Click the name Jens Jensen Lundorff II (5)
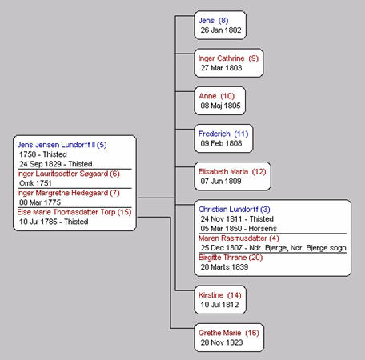click(62, 145)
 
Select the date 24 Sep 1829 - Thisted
click(56, 164)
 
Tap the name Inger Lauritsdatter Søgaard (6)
click(68, 174)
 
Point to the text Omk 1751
click(35, 183)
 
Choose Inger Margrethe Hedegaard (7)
click(68, 193)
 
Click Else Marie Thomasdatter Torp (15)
click(74, 212)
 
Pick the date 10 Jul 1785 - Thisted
click(54, 222)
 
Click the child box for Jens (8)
click(220, 26)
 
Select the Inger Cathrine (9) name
click(228, 58)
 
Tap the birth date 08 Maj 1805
click(220, 106)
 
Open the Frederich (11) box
click(223, 138)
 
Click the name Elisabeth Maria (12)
click(232, 171)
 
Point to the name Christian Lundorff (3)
click(235, 210)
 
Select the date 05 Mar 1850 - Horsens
click(239, 229)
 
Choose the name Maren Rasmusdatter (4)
click(239, 238)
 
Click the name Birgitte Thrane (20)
click(231, 258)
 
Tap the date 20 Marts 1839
click(224, 267)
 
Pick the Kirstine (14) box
click(220, 300)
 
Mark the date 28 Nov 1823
click(222, 342)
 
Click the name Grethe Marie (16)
click(229, 333)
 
